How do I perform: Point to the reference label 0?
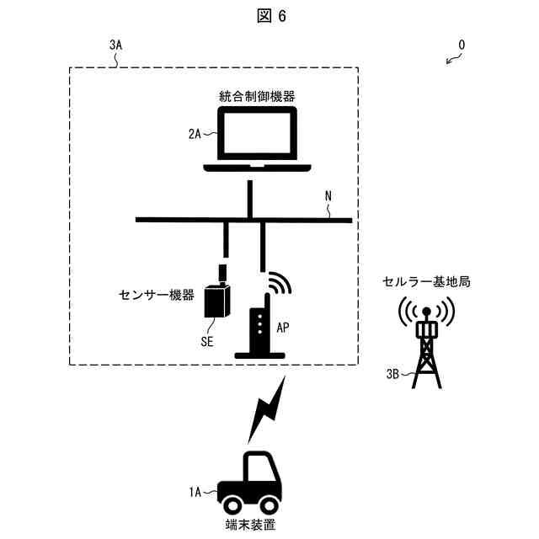click(461, 44)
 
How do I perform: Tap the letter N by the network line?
click(329, 196)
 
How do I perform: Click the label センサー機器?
click(157, 296)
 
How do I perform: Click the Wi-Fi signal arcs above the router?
click(278, 283)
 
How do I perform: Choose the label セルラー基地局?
click(426, 282)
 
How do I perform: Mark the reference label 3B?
click(392, 373)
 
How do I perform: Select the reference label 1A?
click(195, 491)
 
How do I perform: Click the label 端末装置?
click(250, 526)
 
